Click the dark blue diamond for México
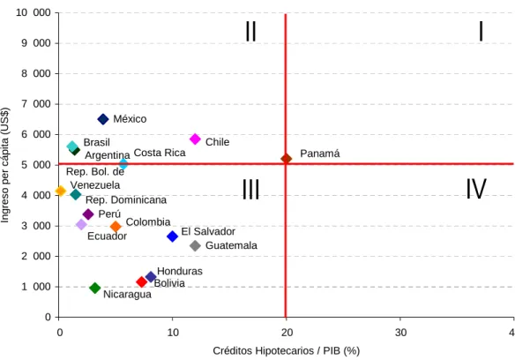(103, 119)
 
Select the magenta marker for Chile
(195, 139)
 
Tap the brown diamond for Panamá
(286, 159)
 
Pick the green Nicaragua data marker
(95, 288)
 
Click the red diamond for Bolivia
(142, 281)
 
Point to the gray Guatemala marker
(195, 245)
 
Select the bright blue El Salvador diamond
(173, 236)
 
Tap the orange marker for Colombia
(116, 226)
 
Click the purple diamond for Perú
(88, 214)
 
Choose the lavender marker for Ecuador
(81, 224)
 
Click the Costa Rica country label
(160, 153)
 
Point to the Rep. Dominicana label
(126, 200)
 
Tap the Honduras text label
(180, 271)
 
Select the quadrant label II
(251, 31)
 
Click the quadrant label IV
(476, 189)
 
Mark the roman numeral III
(251, 190)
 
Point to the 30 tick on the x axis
(400, 333)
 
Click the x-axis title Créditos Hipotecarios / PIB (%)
(287, 351)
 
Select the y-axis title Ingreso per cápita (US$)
(5, 165)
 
